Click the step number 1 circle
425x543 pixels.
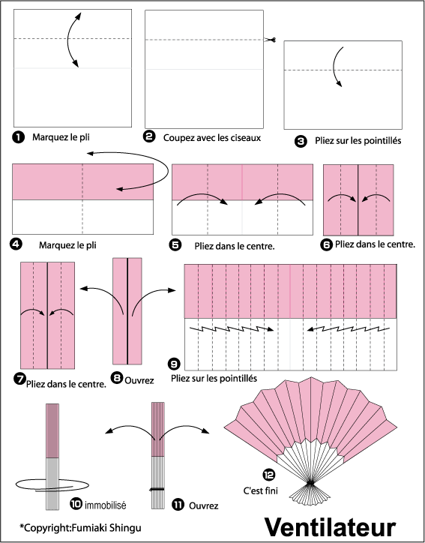(x=18, y=137)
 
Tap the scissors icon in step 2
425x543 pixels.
(x=270, y=40)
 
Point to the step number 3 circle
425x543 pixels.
(x=301, y=141)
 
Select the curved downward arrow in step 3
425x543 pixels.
(x=334, y=66)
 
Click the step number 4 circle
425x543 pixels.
(x=16, y=244)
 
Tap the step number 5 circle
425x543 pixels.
(x=175, y=245)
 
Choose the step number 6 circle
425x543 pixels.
(x=327, y=245)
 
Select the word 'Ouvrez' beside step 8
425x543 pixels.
(x=139, y=380)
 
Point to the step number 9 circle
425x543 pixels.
(x=174, y=364)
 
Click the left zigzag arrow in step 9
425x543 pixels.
(x=232, y=328)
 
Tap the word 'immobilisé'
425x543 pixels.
(x=105, y=505)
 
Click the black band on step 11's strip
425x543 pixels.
(x=157, y=489)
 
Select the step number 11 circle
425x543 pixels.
(x=178, y=505)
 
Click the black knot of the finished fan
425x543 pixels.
(x=310, y=482)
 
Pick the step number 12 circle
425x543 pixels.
(x=269, y=475)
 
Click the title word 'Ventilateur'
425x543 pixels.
(x=330, y=527)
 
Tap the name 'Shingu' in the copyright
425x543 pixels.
(x=125, y=528)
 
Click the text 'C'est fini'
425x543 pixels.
(x=261, y=490)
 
